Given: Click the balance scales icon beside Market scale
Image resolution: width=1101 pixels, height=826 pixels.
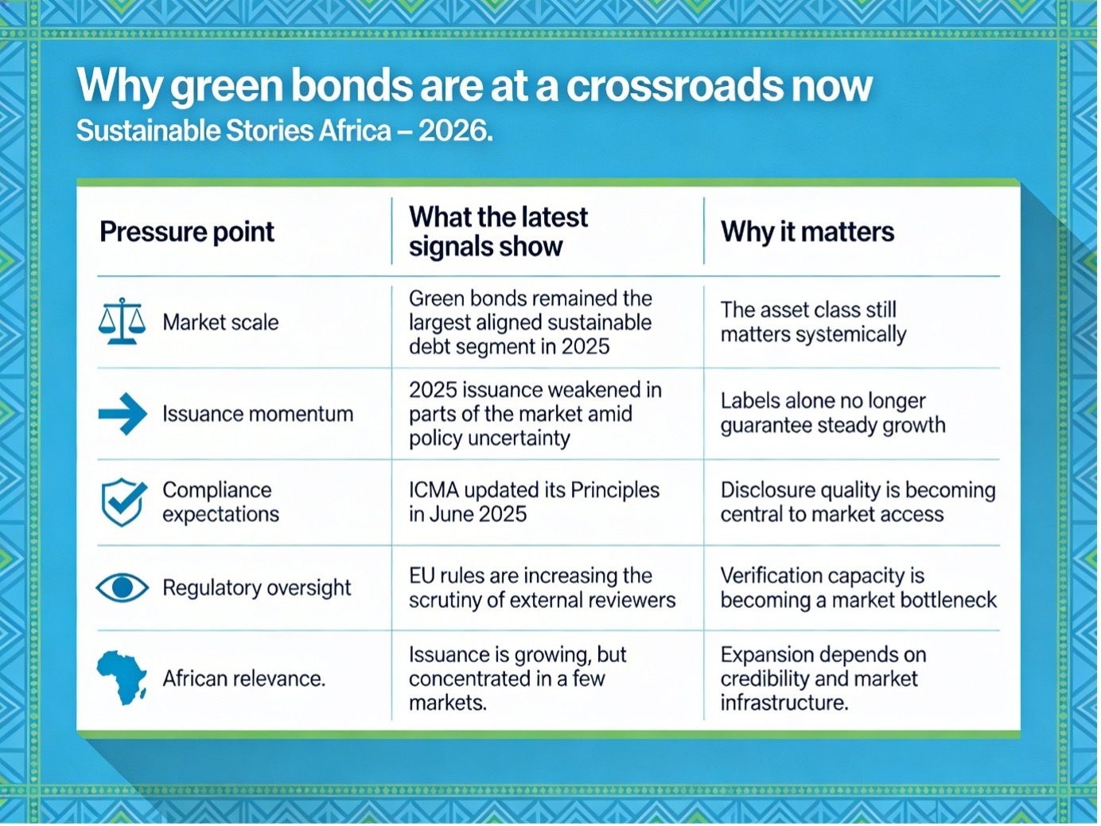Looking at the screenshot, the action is tap(122, 321).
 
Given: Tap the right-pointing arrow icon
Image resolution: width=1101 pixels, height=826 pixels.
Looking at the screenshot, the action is tap(123, 414).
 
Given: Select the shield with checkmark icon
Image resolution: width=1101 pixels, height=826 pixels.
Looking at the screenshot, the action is tap(123, 502).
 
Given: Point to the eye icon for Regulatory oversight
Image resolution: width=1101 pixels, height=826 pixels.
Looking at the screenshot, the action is tap(123, 587).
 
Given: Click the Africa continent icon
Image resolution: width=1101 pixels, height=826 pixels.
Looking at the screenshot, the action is tap(122, 678).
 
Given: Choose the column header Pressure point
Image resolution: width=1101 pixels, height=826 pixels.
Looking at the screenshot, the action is tap(187, 232).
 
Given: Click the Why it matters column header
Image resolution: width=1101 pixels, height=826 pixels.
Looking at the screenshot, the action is tap(807, 232).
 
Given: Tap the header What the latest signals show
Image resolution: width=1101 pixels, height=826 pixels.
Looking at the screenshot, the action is tap(498, 232).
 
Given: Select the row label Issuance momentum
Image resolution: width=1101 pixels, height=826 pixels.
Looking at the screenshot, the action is tap(258, 415).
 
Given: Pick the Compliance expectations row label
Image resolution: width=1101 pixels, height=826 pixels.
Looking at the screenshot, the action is tap(220, 502).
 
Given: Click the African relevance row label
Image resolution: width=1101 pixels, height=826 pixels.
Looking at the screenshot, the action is tap(243, 679).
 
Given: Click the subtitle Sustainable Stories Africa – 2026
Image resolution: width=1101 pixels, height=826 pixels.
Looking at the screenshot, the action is tap(284, 131).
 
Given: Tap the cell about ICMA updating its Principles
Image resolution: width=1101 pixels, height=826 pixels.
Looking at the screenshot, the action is tap(535, 502).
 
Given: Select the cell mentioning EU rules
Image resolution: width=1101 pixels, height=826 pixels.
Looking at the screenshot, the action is tap(543, 588).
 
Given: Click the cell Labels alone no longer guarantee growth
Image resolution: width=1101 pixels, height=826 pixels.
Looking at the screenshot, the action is tap(833, 413).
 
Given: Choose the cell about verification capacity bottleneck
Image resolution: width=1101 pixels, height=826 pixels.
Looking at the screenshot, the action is tap(858, 588).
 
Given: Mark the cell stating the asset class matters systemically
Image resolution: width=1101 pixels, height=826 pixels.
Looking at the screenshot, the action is tap(814, 322).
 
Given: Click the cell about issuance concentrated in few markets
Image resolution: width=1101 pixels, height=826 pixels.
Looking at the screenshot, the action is tap(518, 679).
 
